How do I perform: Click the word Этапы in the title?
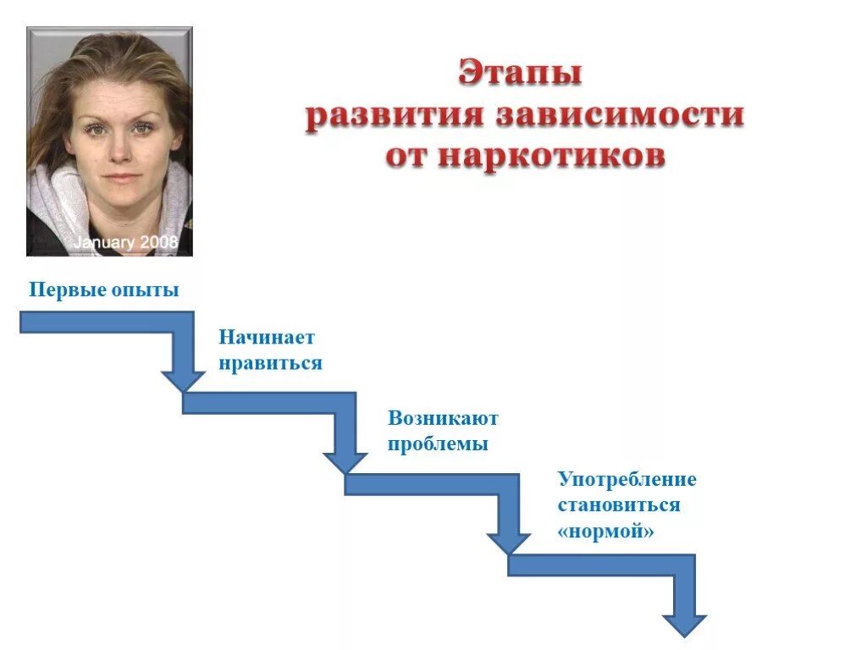(x=520, y=74)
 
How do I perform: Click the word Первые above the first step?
(x=66, y=290)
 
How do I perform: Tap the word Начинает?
(x=267, y=337)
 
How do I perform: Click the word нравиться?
(x=270, y=362)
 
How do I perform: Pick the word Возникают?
(x=443, y=418)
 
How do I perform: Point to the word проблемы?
(x=438, y=443)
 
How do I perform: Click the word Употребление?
(x=627, y=480)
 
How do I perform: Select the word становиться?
(x=618, y=505)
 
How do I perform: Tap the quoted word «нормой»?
(x=605, y=532)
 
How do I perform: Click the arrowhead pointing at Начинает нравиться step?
(x=183, y=378)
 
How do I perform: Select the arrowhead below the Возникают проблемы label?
(x=345, y=460)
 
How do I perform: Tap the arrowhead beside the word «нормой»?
(x=509, y=542)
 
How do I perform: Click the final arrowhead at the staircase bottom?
(x=684, y=623)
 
